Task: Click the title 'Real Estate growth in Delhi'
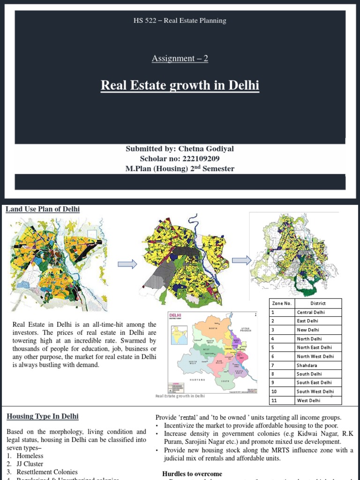click(x=180, y=86)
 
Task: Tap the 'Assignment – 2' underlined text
click(x=180, y=59)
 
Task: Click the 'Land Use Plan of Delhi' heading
click(x=43, y=209)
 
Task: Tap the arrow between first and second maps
click(x=127, y=264)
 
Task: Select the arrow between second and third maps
click(x=241, y=260)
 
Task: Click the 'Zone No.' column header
click(x=282, y=303)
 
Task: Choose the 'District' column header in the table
click(x=318, y=303)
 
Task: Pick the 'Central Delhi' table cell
click(x=311, y=312)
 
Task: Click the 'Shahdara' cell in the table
click(x=307, y=365)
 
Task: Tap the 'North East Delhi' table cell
click(x=314, y=347)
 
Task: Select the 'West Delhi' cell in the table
click(x=308, y=400)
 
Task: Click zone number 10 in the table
click(x=275, y=391)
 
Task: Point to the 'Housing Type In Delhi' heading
click(x=42, y=416)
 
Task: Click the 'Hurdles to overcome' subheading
click(x=192, y=474)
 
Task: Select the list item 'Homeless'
click(x=30, y=455)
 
